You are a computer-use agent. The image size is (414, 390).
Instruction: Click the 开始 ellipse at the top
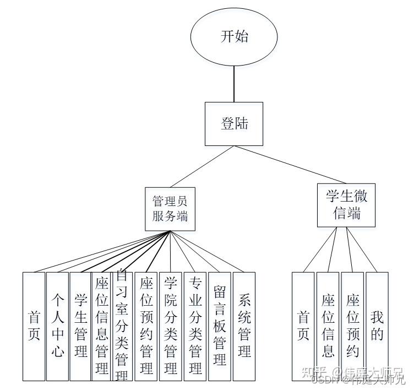(x=234, y=37)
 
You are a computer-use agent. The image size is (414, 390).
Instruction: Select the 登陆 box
(x=234, y=123)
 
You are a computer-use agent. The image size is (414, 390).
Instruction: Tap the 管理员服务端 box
(x=170, y=208)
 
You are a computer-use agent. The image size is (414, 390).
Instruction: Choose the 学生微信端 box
(x=346, y=205)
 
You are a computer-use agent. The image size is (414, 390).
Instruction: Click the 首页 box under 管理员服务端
(x=34, y=326)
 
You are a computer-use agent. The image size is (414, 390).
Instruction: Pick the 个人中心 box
(x=58, y=326)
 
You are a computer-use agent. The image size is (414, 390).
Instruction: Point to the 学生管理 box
(x=81, y=326)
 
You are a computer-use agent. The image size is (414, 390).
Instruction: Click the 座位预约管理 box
(x=146, y=326)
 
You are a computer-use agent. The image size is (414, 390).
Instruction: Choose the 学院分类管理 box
(x=171, y=326)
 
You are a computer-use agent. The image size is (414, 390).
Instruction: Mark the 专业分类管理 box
(x=195, y=326)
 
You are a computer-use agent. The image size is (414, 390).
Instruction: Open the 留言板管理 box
(x=219, y=326)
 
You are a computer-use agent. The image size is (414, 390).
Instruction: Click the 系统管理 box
(x=244, y=326)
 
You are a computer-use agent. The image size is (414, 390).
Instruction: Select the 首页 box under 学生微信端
(x=303, y=326)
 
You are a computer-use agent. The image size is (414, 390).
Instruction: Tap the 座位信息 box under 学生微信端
(x=328, y=326)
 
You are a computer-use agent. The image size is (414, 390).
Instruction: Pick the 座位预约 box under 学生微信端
(x=352, y=326)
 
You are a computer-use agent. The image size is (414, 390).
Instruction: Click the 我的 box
(x=377, y=326)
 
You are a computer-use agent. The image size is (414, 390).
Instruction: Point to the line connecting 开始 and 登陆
(x=234, y=83)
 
